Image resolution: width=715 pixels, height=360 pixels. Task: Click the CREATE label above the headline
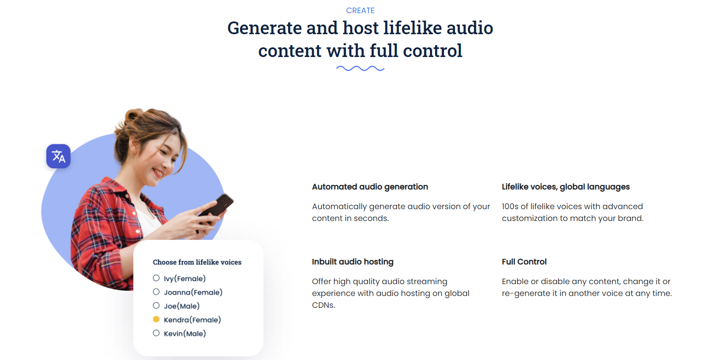click(360, 11)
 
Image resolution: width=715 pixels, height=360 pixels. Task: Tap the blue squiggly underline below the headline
click(360, 68)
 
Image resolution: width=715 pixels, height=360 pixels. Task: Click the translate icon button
click(58, 156)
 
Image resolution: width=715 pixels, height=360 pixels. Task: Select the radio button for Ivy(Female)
click(156, 278)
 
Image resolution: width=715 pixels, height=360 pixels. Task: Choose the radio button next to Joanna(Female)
click(156, 292)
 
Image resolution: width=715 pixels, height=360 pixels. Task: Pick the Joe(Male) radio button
click(156, 306)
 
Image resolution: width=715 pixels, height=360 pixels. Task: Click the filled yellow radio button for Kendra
click(156, 319)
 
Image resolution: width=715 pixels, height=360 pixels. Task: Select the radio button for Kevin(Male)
click(156, 333)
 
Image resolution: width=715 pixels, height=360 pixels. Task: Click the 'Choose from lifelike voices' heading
click(197, 262)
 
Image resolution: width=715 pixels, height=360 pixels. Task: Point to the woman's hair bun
click(134, 115)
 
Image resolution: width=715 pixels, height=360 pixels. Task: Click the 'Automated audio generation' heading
click(370, 187)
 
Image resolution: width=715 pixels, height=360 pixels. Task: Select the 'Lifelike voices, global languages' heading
click(565, 187)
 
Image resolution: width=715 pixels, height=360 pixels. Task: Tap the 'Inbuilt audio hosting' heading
click(353, 262)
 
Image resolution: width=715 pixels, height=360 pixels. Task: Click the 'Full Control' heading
click(524, 262)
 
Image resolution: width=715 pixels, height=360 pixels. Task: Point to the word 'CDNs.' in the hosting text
click(323, 305)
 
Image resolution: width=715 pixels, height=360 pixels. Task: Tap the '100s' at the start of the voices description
click(510, 207)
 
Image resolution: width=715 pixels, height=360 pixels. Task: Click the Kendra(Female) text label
click(193, 320)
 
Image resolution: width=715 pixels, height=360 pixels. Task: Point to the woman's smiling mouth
click(158, 173)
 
